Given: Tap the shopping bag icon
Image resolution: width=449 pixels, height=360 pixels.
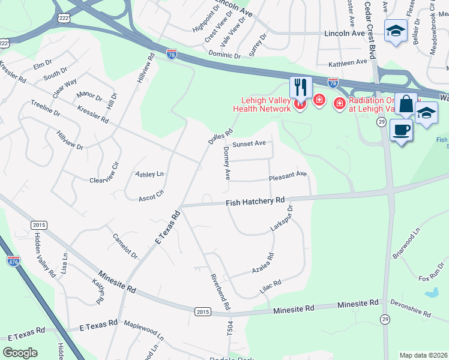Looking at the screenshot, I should tap(406, 104).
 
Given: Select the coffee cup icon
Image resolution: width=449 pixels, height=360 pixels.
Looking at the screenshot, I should tap(402, 129).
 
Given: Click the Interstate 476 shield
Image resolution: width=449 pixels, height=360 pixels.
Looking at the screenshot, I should tap(13, 261).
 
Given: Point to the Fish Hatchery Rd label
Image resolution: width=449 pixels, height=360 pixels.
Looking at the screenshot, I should tap(255, 202).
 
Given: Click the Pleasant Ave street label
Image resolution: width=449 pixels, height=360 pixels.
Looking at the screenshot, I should tap(288, 175).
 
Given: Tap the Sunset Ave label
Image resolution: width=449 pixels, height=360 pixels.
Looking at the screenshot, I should tap(249, 144).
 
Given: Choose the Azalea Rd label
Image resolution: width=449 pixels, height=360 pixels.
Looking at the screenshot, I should tap(263, 263).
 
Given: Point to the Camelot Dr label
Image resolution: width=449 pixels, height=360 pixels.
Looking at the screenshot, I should tap(125, 246).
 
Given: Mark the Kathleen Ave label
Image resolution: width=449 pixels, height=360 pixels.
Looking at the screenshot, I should tap(348, 62).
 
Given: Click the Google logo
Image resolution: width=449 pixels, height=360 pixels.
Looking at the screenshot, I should tap(20, 353).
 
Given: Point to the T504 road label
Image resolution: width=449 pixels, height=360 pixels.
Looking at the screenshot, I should tap(229, 328).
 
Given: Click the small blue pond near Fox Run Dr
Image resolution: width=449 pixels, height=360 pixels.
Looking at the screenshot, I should tap(431, 293).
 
